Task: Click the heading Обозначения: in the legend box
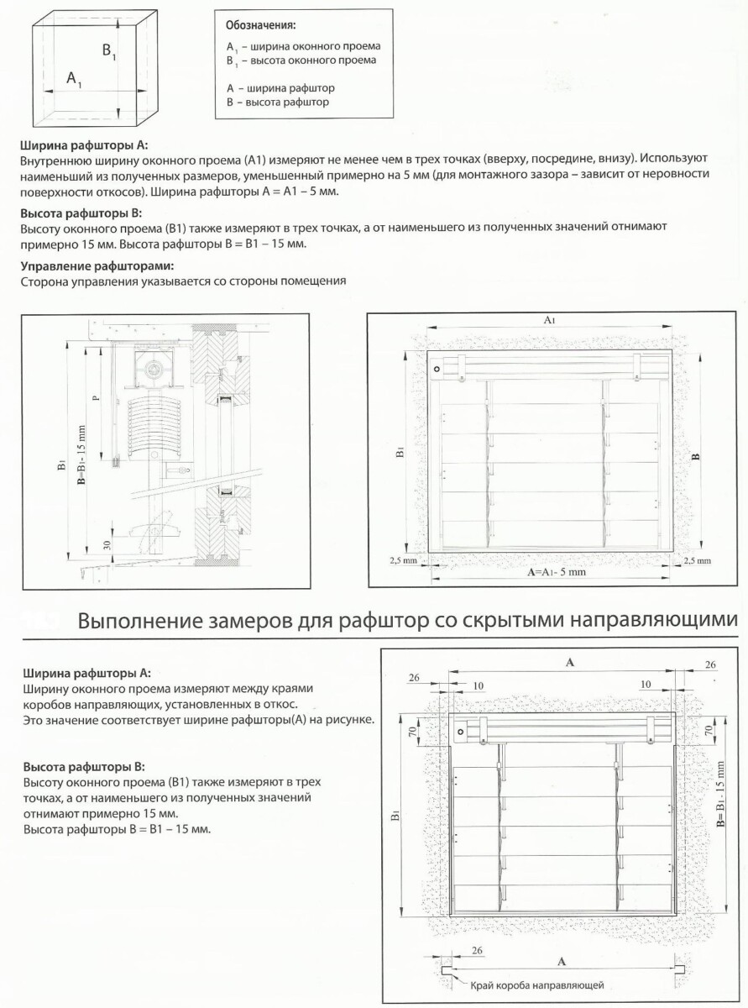260,25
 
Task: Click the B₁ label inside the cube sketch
109,51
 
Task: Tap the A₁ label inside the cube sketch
74,79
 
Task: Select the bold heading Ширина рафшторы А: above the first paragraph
84,146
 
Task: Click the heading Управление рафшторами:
97,266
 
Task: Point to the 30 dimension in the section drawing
107,545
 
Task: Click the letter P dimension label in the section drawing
96,398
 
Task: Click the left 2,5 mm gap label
403,560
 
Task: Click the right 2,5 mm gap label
697,561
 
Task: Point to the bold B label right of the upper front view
697,457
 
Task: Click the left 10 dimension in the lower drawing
479,685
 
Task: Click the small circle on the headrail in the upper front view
437,370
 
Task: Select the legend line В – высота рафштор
278,102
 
